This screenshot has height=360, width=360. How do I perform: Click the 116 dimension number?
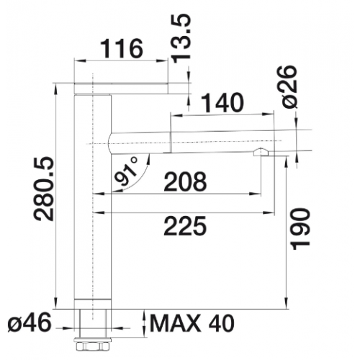pyautogui.click(x=122, y=49)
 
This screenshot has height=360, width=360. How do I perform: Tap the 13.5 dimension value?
pyautogui.click(x=181, y=38)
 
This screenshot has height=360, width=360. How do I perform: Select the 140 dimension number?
pyautogui.click(x=222, y=103)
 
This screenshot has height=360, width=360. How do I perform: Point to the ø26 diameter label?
pyautogui.click(x=289, y=87)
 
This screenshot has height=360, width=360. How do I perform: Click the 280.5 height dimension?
pyautogui.click(x=44, y=189)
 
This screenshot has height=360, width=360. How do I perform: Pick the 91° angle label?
pyautogui.click(x=127, y=171)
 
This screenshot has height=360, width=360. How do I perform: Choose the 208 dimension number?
pyautogui.click(x=185, y=181)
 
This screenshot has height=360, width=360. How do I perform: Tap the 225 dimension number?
pyautogui.click(x=185, y=226)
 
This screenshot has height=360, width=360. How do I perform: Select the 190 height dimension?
pyautogui.click(x=300, y=229)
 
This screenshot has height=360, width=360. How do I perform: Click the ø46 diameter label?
pyautogui.click(x=30, y=323)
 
